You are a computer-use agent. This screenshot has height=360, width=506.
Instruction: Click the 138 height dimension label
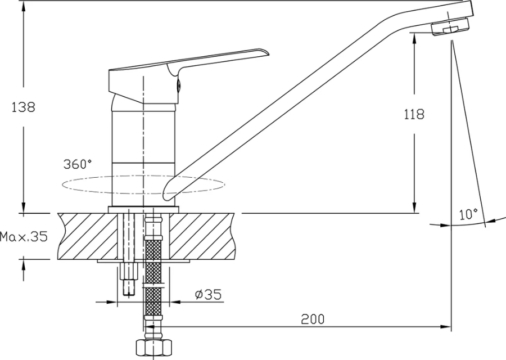[x=23, y=107]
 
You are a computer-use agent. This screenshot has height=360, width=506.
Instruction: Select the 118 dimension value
[x=414, y=114]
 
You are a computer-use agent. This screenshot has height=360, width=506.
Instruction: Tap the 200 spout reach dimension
[x=313, y=319]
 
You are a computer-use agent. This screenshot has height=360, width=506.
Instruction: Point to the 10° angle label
[x=468, y=214]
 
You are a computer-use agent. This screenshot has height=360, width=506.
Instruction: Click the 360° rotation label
[x=78, y=164]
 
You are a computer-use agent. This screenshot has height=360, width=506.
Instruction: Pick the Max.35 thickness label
[x=24, y=237]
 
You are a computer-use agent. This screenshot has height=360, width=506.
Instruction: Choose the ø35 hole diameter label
[x=209, y=294]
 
